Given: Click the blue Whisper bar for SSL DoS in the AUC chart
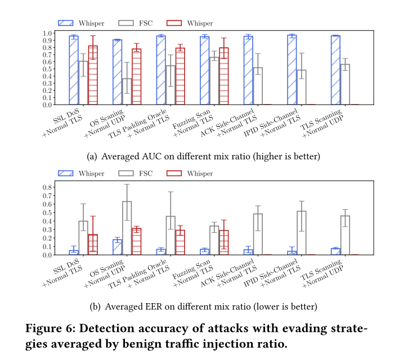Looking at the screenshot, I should pos(74,70).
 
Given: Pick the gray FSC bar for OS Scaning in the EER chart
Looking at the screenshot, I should pos(127,228).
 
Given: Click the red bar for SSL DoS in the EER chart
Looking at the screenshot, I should pos(93,245).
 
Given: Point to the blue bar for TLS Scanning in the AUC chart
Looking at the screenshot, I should pos(335,70).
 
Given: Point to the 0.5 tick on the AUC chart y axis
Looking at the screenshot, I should pos(47,69).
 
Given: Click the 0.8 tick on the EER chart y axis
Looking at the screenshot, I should pos(47,187).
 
